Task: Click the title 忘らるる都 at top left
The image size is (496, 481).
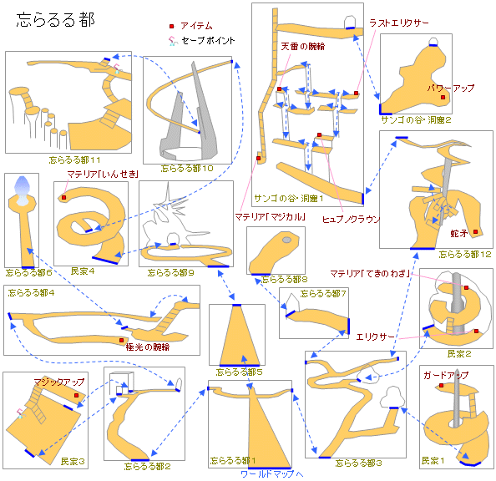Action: pyautogui.click(x=56, y=21)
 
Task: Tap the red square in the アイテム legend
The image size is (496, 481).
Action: pyautogui.click(x=171, y=27)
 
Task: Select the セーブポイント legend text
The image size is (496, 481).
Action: pyautogui.click(x=208, y=40)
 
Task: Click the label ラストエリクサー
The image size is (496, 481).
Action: pyautogui.click(x=401, y=23)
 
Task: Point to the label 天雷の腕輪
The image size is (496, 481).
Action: pyautogui.click(x=302, y=47)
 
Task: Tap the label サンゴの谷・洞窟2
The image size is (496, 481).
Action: pyautogui.click(x=416, y=120)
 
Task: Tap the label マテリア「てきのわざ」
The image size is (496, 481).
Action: pyautogui.click(x=372, y=273)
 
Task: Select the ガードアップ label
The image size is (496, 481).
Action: pyautogui.click(x=445, y=375)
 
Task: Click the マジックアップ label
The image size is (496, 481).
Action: pyautogui.click(x=59, y=382)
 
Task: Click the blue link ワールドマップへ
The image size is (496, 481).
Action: pyautogui.click(x=272, y=473)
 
